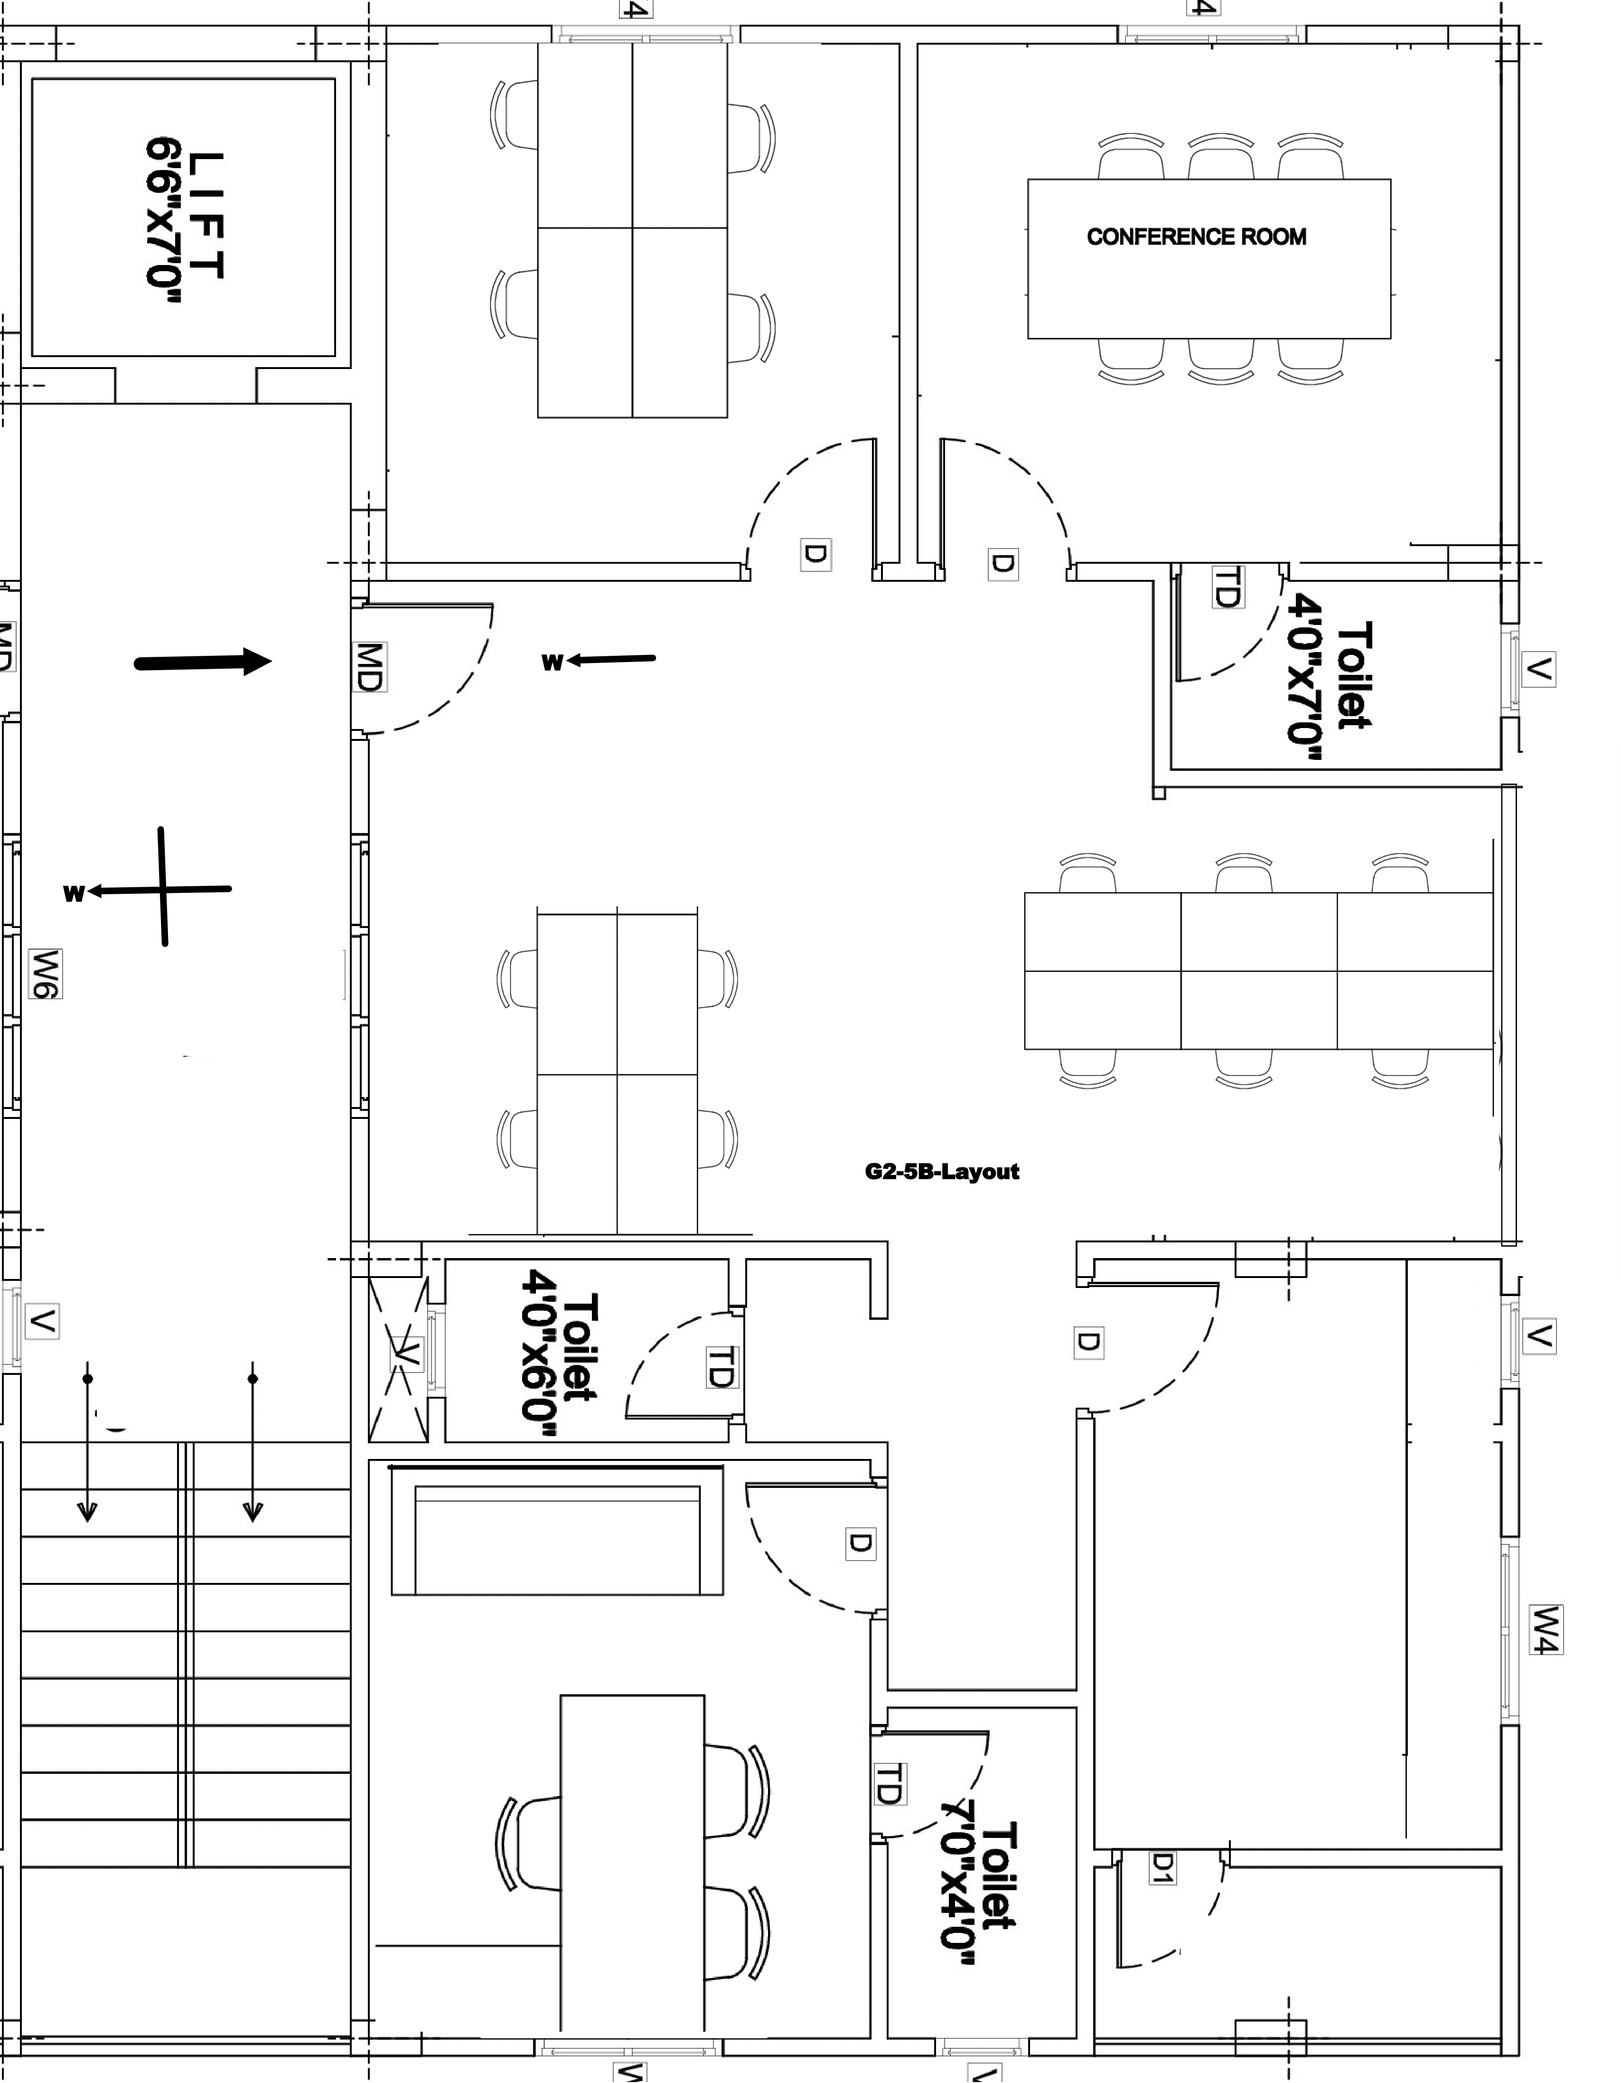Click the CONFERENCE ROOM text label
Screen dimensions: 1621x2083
point(1197,237)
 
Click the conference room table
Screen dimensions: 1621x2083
point(1209,258)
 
